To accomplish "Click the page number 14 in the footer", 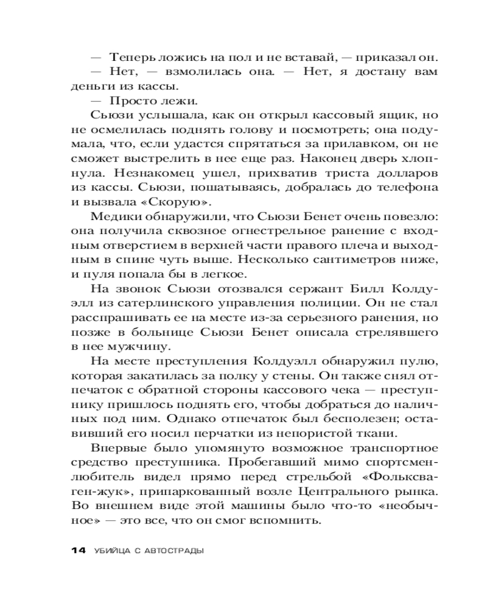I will coord(79,551).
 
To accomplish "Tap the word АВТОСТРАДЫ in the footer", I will coord(172,551).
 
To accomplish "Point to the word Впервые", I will coord(119,448).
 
